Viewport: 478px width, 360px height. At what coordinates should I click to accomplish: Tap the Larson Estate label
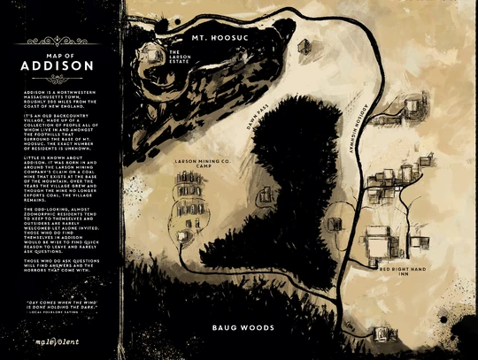(181, 56)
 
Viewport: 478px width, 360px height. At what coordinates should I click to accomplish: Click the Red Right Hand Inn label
(404, 269)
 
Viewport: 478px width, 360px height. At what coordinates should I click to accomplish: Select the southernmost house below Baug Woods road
(382, 333)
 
